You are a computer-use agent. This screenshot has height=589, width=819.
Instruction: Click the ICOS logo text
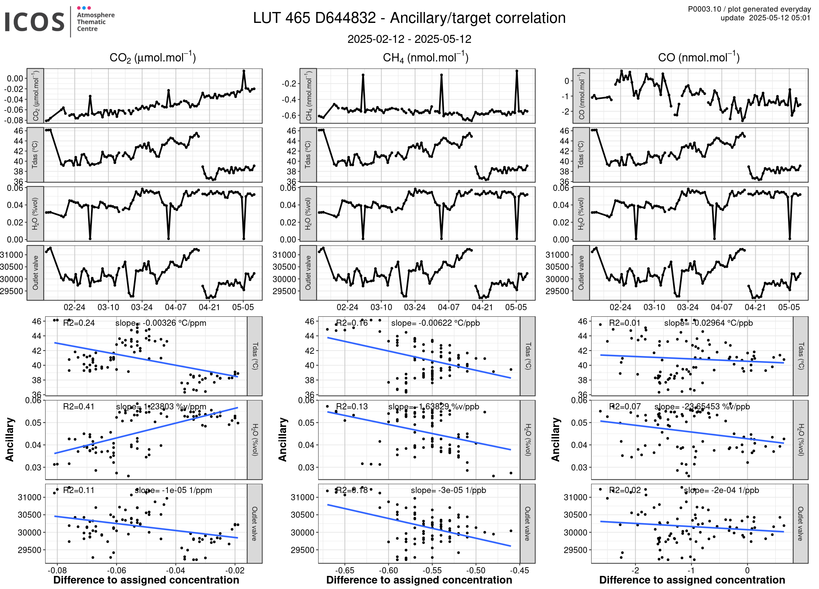(35, 22)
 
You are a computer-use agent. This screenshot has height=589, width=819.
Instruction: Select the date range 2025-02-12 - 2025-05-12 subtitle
(409, 39)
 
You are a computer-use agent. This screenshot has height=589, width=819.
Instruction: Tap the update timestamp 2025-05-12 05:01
(779, 18)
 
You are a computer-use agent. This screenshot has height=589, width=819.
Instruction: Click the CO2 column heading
(153, 57)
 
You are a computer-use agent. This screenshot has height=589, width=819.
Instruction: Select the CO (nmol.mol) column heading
(699, 57)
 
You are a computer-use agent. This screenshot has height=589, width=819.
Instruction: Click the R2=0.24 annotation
(79, 323)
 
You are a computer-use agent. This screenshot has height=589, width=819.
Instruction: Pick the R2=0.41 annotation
(79, 406)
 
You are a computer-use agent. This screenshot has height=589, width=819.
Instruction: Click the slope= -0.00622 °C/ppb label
(435, 323)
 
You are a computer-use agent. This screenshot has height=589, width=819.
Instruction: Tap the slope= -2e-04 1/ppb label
(721, 490)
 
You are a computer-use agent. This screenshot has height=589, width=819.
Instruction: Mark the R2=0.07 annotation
(625, 406)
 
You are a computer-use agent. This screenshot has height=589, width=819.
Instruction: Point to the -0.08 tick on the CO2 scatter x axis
(57, 570)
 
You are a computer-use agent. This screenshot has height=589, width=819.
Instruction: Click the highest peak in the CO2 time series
(244, 71)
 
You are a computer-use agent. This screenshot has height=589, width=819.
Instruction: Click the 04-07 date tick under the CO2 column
(175, 307)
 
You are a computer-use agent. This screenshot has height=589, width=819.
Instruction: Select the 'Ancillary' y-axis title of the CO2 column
(9, 440)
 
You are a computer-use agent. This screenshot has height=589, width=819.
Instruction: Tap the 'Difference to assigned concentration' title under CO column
(692, 580)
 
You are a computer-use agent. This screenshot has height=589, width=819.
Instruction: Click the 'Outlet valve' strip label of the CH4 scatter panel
(527, 523)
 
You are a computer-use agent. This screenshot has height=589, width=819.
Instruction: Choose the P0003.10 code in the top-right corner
(704, 9)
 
